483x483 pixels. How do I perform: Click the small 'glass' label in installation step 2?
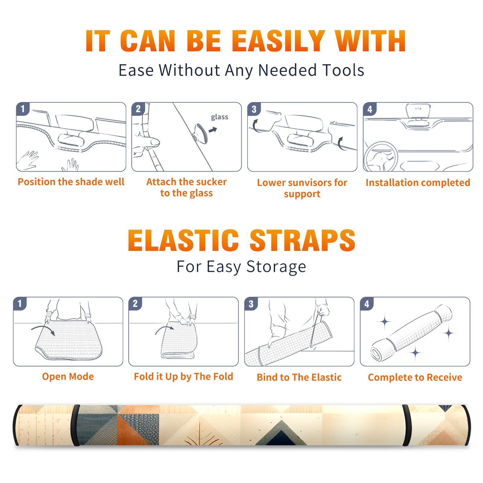coord(219,117)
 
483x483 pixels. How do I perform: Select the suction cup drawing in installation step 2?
coord(200,133)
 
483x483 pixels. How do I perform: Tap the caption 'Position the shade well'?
coord(71,182)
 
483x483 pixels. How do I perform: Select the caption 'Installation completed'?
coord(418,183)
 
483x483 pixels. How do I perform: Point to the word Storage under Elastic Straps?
coord(276,267)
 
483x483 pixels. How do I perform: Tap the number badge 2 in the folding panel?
coord(135,303)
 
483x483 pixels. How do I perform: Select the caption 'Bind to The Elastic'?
coord(299,377)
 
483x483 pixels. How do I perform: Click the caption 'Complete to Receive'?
coord(415,377)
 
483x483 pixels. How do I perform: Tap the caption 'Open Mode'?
coord(68,376)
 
